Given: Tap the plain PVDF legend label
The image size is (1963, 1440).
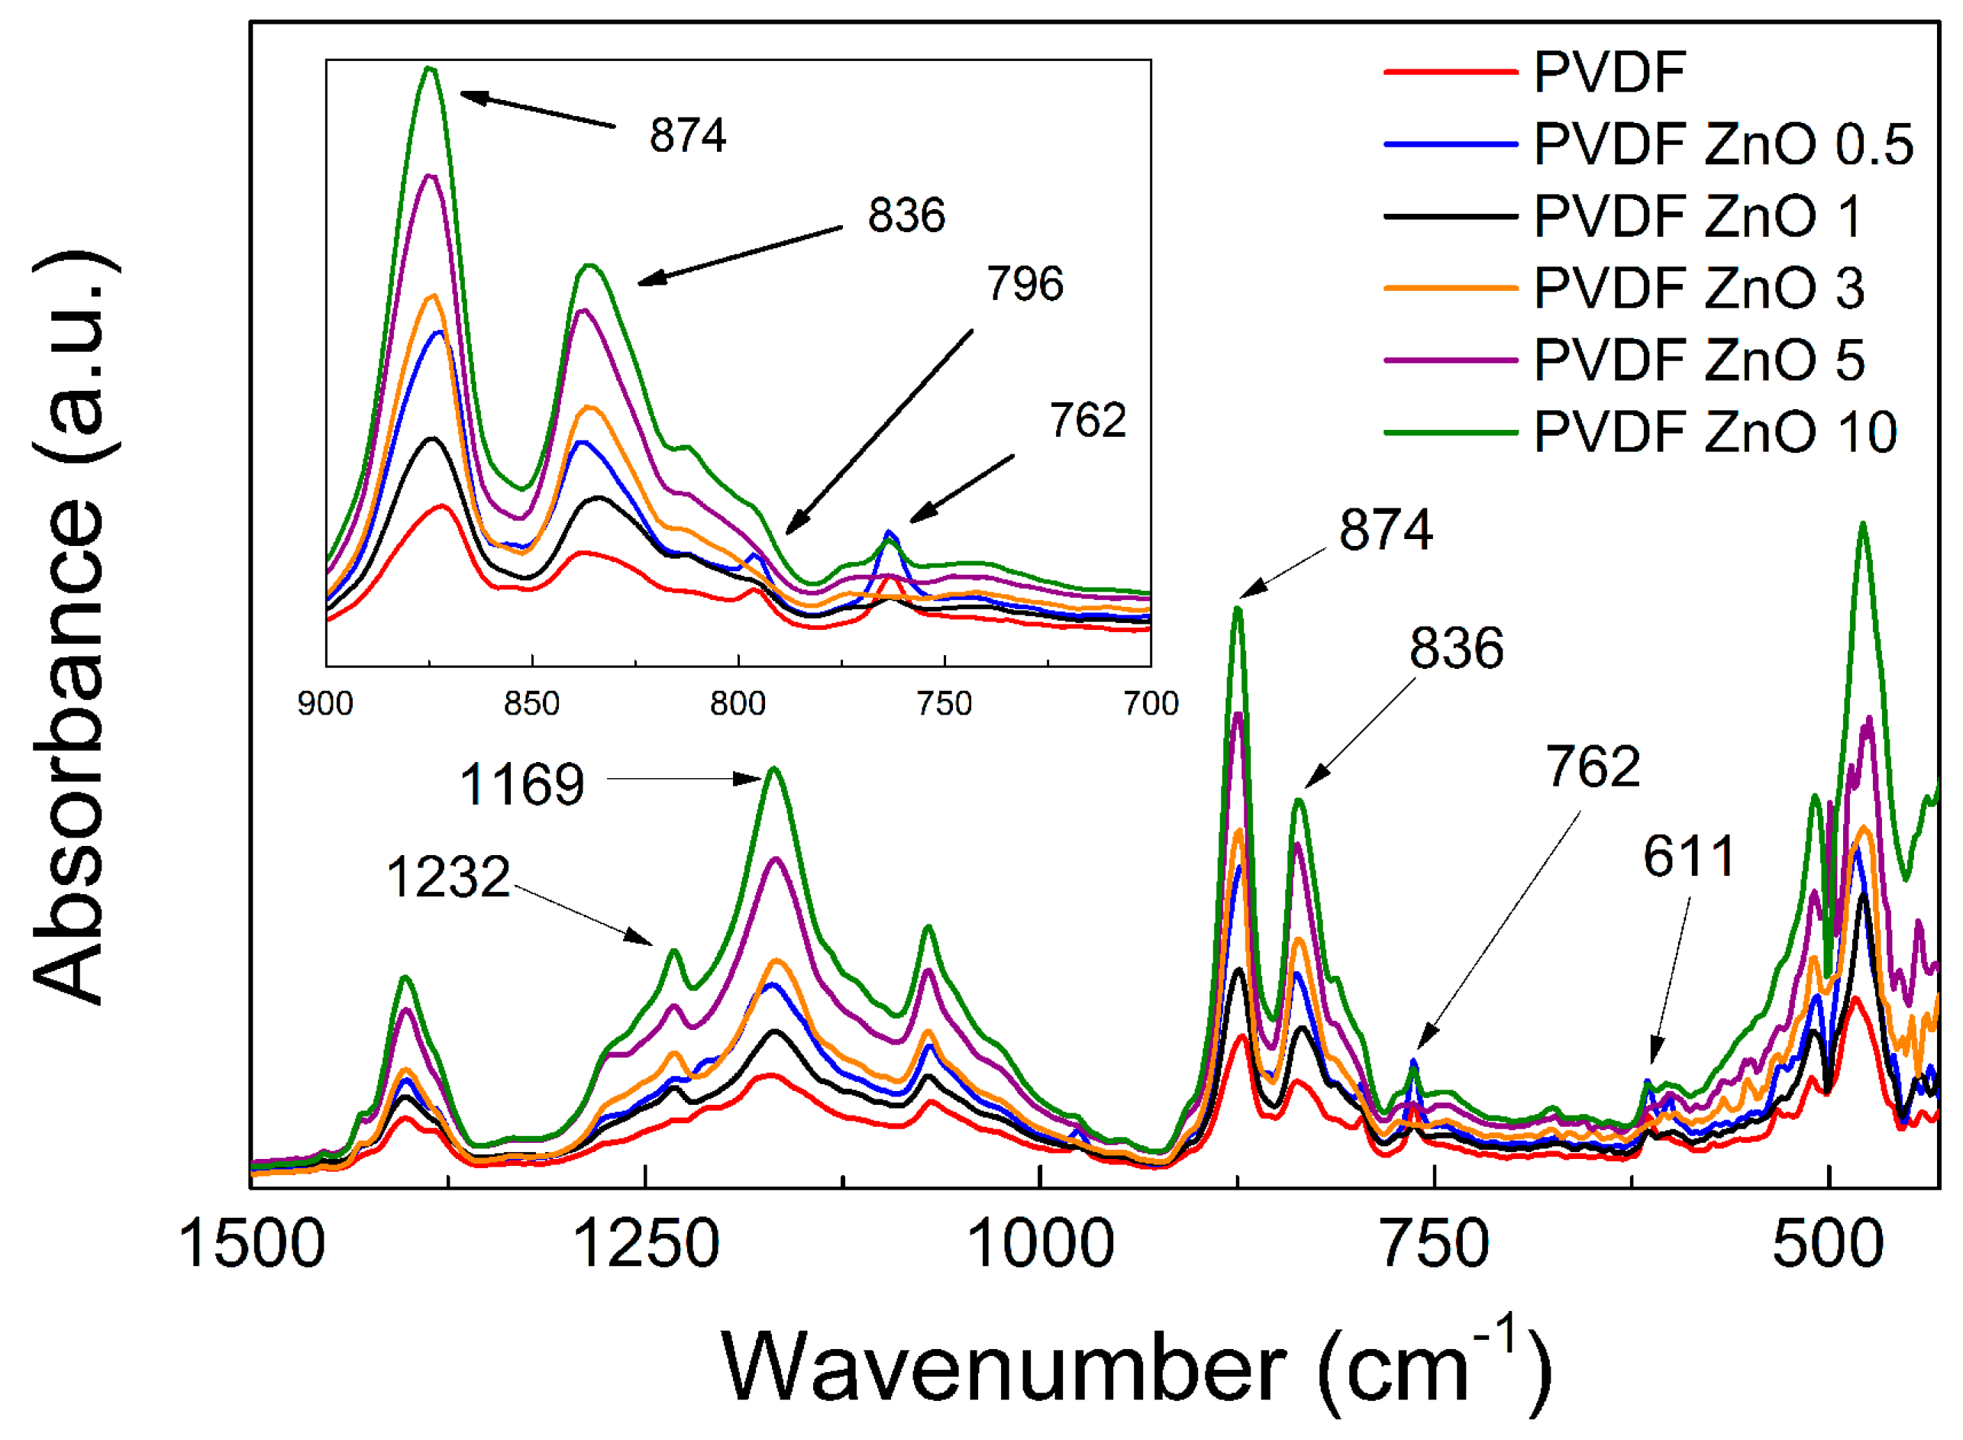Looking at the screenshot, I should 1609,72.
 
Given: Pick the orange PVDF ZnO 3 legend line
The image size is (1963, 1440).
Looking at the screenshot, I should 1451,288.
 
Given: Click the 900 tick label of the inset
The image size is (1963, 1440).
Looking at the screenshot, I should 325,703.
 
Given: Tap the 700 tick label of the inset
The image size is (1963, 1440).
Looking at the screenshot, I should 1151,703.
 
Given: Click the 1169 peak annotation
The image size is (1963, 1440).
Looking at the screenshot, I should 521,784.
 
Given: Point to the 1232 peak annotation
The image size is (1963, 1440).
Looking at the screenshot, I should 448,877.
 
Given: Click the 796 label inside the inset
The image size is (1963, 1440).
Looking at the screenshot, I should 1025,284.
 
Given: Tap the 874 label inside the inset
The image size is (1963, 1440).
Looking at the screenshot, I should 688,136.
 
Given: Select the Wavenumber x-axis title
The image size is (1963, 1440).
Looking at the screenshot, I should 1133,1368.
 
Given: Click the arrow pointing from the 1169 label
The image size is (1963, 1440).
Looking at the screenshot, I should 684,778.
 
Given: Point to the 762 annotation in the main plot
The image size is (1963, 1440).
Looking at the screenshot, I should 1593,767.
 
